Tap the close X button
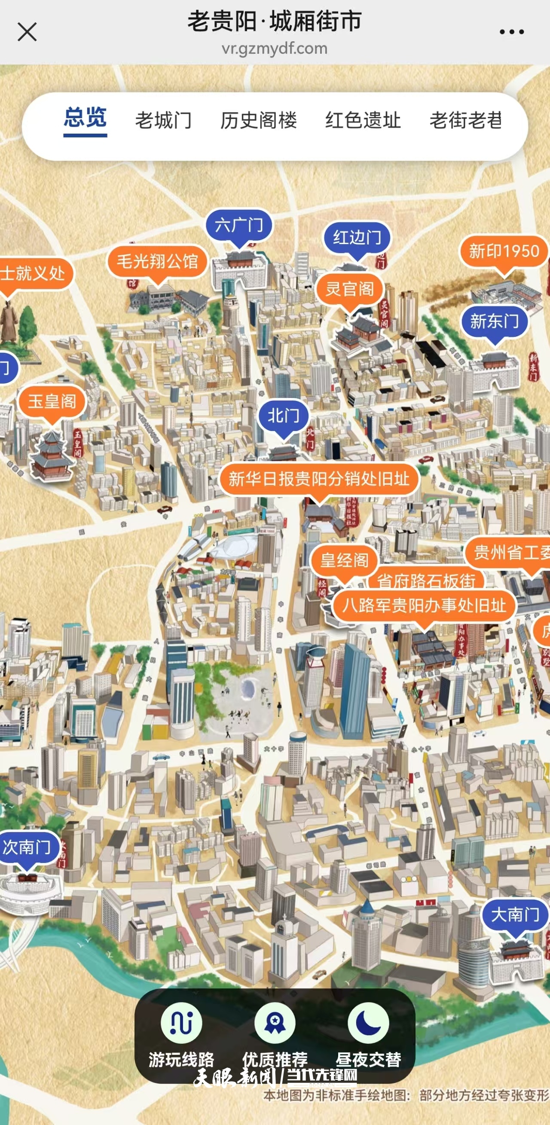click(27, 32)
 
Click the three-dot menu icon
click(512, 32)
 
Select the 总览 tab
click(85, 119)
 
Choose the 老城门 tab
click(163, 120)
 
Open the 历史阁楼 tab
click(259, 120)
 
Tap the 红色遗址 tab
click(363, 120)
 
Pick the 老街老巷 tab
click(466, 120)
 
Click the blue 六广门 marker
click(239, 225)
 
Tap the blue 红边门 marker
click(357, 238)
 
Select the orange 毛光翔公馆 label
click(157, 262)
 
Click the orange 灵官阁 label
click(349, 289)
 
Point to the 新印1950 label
click(504, 251)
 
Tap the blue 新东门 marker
click(495, 321)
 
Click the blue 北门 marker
click(283, 416)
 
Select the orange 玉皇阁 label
click(52, 401)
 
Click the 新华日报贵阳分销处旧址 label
click(319, 479)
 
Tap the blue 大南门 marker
click(515, 914)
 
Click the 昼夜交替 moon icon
click(368, 1023)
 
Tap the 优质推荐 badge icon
click(275, 1023)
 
